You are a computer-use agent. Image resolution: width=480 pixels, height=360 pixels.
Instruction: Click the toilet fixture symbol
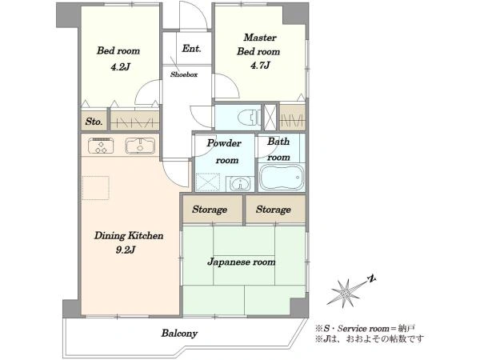click(x=249, y=118)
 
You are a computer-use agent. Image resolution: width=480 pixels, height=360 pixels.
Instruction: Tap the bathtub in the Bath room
click(x=282, y=178)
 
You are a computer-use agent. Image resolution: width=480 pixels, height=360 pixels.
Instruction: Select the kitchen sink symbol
click(x=140, y=146)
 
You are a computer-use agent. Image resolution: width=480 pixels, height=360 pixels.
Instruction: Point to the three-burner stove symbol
click(x=101, y=146)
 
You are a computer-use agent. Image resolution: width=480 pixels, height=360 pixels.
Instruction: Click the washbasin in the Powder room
click(x=240, y=184)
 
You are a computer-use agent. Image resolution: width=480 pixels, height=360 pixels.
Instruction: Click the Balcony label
click(x=179, y=333)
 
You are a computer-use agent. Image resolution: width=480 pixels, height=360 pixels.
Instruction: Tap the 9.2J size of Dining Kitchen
click(x=126, y=250)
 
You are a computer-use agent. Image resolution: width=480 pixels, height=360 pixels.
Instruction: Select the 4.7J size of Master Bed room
click(x=260, y=66)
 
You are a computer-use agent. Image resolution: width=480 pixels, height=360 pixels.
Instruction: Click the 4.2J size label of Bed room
click(x=121, y=66)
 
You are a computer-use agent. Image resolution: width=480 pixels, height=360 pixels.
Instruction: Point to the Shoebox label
click(x=184, y=74)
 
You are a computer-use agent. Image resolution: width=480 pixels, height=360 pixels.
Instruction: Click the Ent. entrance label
click(x=191, y=48)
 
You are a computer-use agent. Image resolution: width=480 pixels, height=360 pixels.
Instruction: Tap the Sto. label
click(x=94, y=122)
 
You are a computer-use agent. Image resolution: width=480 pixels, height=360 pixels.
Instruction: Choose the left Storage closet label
click(x=210, y=210)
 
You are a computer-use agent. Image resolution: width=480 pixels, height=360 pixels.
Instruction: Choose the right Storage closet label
click(x=274, y=210)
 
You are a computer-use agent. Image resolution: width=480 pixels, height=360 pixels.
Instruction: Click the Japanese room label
click(x=242, y=262)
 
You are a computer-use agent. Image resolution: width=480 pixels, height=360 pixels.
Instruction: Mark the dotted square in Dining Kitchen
click(x=95, y=188)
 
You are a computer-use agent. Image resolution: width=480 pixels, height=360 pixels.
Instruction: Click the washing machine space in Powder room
click(x=208, y=182)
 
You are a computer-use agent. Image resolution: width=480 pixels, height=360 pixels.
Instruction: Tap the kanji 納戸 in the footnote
click(x=407, y=329)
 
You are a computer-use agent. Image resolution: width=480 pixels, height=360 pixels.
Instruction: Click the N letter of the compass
click(x=372, y=278)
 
